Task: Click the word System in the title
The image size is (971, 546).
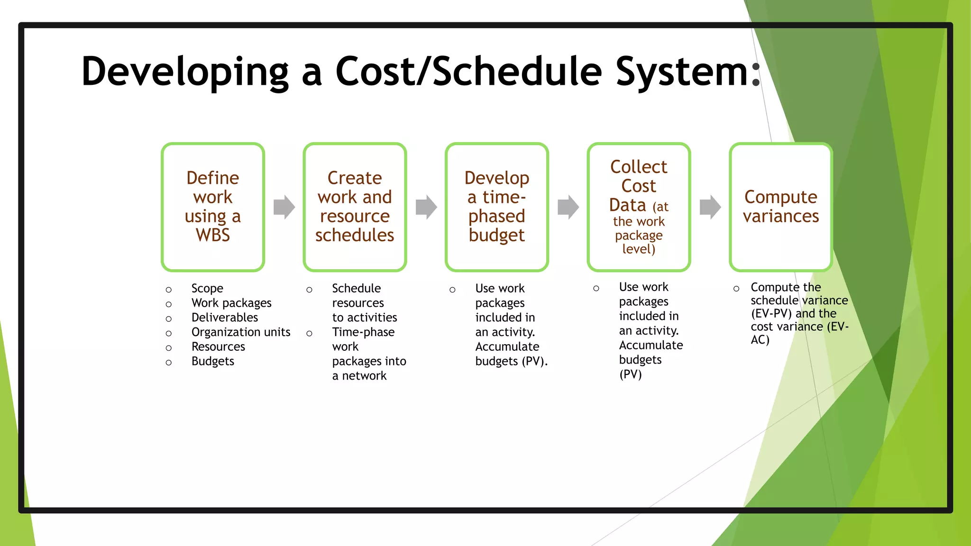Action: pyautogui.click(x=683, y=72)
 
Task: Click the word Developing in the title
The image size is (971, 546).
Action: pyautogui.click(x=185, y=72)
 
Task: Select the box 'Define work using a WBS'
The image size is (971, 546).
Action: pyautogui.click(x=213, y=207)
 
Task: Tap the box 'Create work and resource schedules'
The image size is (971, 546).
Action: pyautogui.click(x=355, y=207)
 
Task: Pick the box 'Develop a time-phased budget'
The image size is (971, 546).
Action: pyautogui.click(x=496, y=207)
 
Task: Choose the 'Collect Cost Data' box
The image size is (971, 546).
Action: pyautogui.click(x=639, y=207)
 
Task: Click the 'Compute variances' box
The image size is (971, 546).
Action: pyautogui.click(x=780, y=207)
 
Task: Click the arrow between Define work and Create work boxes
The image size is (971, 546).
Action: pyautogui.click(x=284, y=207)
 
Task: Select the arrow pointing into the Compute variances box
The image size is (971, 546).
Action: pyautogui.click(x=710, y=207)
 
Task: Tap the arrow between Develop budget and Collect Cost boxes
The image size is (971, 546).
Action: pyautogui.click(x=568, y=207)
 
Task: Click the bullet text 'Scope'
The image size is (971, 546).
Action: pyautogui.click(x=207, y=288)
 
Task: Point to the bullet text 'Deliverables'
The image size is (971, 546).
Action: pyautogui.click(x=225, y=318)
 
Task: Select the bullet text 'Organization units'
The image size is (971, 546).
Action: pyautogui.click(x=241, y=332)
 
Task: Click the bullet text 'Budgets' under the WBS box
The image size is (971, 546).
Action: pyautogui.click(x=213, y=361)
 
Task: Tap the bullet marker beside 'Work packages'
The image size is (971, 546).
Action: pyautogui.click(x=169, y=304)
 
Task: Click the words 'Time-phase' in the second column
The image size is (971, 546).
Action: pyautogui.click(x=363, y=332)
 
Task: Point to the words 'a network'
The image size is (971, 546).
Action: pyautogui.click(x=359, y=376)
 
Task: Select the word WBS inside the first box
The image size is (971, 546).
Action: pyautogui.click(x=213, y=235)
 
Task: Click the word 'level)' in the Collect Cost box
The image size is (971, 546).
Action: pyautogui.click(x=639, y=249)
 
